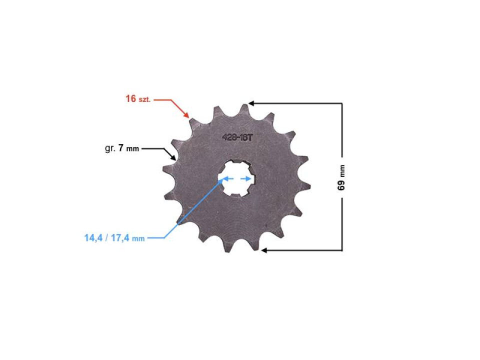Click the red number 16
pyautogui.click(x=131, y=98)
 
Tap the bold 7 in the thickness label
pyautogui.click(x=121, y=148)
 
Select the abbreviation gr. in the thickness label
pyautogui.click(x=110, y=148)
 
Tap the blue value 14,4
pyautogui.click(x=92, y=238)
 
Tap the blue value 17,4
pyautogui.click(x=120, y=238)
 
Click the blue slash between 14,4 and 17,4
pyautogui.click(x=106, y=238)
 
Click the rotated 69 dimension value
pyautogui.click(x=341, y=185)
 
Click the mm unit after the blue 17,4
pyautogui.click(x=138, y=239)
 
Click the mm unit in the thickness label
pyautogui.click(x=133, y=149)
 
